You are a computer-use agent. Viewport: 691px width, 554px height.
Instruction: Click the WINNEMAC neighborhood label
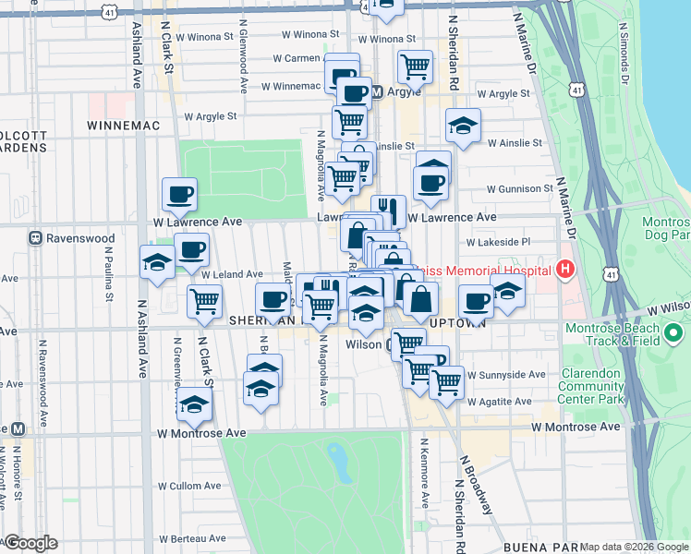tap(124, 125)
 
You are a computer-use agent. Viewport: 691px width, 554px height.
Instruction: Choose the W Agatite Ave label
tap(499, 402)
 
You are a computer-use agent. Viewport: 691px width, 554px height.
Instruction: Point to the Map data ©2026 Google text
tap(634, 547)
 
